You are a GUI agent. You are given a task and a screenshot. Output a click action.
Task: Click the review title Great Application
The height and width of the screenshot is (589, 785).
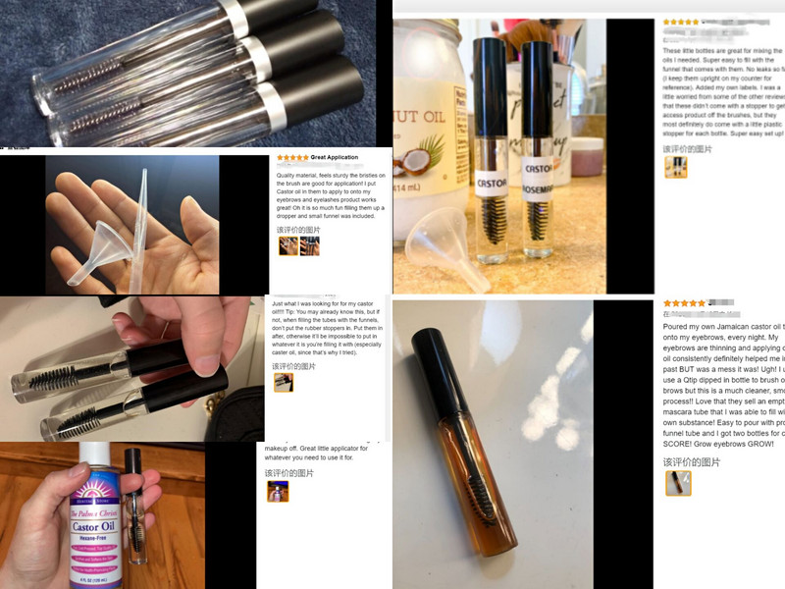[335, 157]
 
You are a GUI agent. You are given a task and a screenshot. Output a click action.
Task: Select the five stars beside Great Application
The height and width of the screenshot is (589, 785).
[292, 157]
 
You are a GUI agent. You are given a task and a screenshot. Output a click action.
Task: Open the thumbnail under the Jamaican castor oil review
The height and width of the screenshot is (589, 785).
[677, 483]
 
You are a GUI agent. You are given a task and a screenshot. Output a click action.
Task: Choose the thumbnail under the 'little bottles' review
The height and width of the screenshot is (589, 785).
[675, 168]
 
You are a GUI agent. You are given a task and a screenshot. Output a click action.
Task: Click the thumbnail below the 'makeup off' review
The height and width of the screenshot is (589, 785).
[278, 491]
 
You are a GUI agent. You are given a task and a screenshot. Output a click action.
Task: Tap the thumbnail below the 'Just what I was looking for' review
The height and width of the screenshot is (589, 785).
[284, 382]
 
